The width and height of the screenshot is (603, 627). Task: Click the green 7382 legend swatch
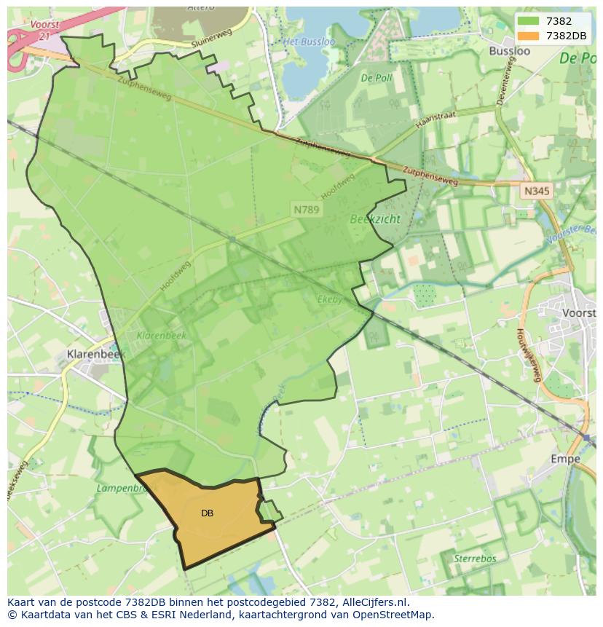[x=529, y=21]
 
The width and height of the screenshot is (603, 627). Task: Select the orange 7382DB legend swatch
[x=529, y=36]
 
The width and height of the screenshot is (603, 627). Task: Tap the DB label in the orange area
[x=207, y=513]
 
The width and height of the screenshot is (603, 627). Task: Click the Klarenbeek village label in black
[x=95, y=355]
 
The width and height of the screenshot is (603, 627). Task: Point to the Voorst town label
[x=579, y=312]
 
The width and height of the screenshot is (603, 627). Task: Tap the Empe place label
[x=565, y=459]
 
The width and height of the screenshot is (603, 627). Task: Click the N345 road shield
[x=537, y=191]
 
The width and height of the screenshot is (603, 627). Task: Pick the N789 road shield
[x=307, y=209]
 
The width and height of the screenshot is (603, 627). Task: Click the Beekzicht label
[x=375, y=218]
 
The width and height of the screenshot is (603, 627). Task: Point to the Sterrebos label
[x=475, y=559]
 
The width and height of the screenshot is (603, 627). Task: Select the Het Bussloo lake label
[x=309, y=42]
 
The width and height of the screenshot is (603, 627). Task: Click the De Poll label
[x=377, y=77]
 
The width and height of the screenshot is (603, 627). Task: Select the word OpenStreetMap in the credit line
[x=395, y=615]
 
